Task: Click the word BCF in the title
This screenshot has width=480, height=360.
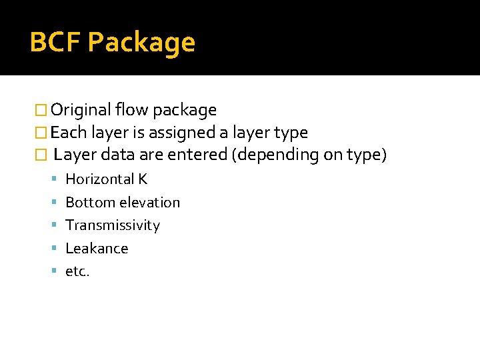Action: coord(55,43)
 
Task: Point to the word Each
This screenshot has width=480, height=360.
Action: coord(69,133)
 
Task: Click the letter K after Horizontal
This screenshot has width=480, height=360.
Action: coord(143,179)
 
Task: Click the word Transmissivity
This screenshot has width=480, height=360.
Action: coord(113,225)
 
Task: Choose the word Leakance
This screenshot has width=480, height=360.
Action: coord(97,249)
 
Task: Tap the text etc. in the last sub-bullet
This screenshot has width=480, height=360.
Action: coord(77,271)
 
